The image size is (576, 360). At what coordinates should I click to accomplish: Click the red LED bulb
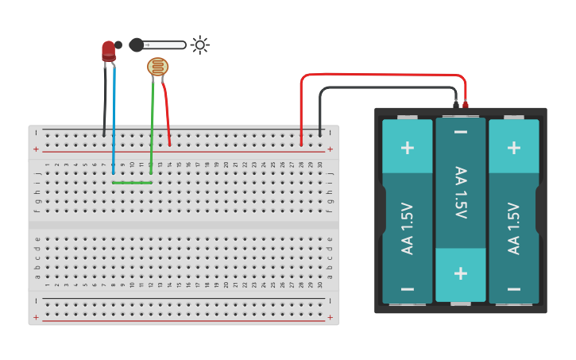[x=109, y=51]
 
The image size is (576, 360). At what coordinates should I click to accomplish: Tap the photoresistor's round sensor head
[x=158, y=68]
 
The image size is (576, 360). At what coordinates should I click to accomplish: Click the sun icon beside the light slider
[x=199, y=45]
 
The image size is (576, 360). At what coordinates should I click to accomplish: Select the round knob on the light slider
[x=137, y=45]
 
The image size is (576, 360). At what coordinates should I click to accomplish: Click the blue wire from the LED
[x=114, y=119]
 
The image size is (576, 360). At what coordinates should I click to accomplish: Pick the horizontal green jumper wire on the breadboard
[x=132, y=183]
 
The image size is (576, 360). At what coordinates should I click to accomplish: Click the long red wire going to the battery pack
[x=381, y=75]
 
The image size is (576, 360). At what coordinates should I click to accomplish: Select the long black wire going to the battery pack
[x=381, y=87]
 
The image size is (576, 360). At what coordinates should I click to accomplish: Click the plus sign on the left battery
[x=408, y=148]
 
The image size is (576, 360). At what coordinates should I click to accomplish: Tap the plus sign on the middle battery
[x=461, y=273]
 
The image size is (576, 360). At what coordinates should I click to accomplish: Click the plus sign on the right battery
[x=514, y=148]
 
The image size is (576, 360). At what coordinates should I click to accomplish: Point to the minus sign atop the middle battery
[x=461, y=130]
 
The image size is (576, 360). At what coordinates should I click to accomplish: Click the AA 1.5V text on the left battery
[x=408, y=228]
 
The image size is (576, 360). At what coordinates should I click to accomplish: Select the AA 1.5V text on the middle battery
[x=461, y=193]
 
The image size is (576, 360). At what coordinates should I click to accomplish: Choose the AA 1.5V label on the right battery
[x=514, y=228]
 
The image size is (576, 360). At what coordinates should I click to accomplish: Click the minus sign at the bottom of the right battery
[x=514, y=289]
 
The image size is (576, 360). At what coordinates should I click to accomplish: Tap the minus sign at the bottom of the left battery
[x=408, y=289]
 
